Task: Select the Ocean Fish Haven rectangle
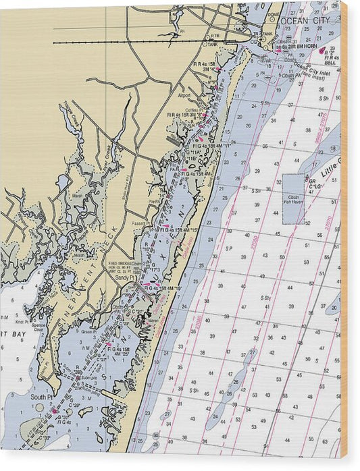coord(293,198)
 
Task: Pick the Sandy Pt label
coord(124,277)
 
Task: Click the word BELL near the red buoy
coord(331,64)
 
